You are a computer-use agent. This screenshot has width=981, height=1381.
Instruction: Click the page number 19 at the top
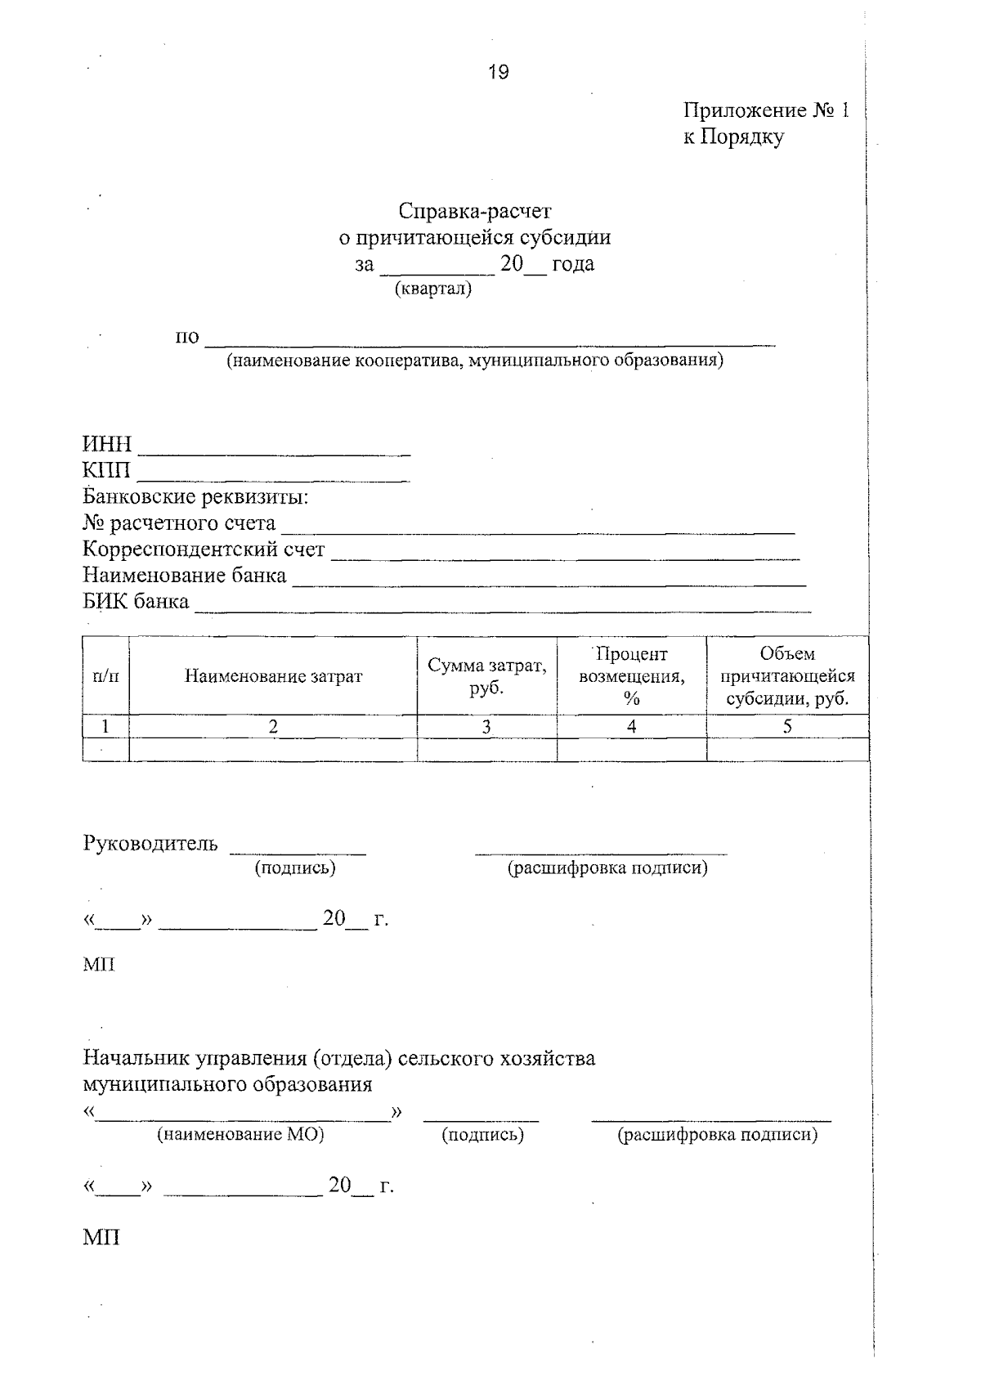tap(498, 73)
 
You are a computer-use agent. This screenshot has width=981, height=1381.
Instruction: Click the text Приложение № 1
tap(766, 110)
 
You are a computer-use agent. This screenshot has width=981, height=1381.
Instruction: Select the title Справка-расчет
tap(475, 211)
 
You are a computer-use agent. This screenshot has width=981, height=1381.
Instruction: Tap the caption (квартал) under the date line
tap(432, 289)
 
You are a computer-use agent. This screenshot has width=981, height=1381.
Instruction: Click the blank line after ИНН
tap(275, 449)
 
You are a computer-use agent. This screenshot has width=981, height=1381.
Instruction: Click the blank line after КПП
tap(275, 475)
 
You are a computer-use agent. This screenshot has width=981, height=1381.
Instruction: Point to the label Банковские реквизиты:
tap(195, 497)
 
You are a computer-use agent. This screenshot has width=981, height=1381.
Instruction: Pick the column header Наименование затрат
tap(273, 676)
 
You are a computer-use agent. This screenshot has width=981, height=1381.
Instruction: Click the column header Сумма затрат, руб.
tap(487, 676)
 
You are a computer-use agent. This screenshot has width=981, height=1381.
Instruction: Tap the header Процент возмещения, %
tap(631, 676)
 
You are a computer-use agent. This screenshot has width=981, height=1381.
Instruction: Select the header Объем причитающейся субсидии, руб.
tap(787, 676)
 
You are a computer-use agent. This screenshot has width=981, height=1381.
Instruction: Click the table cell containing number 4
tap(631, 726)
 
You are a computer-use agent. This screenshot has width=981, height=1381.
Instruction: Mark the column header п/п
tap(105, 676)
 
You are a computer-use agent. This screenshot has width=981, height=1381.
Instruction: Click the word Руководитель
tap(150, 843)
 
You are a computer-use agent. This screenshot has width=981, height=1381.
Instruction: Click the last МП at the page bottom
tap(101, 1237)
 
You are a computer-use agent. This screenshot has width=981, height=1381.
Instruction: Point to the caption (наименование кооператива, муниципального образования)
tap(475, 360)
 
